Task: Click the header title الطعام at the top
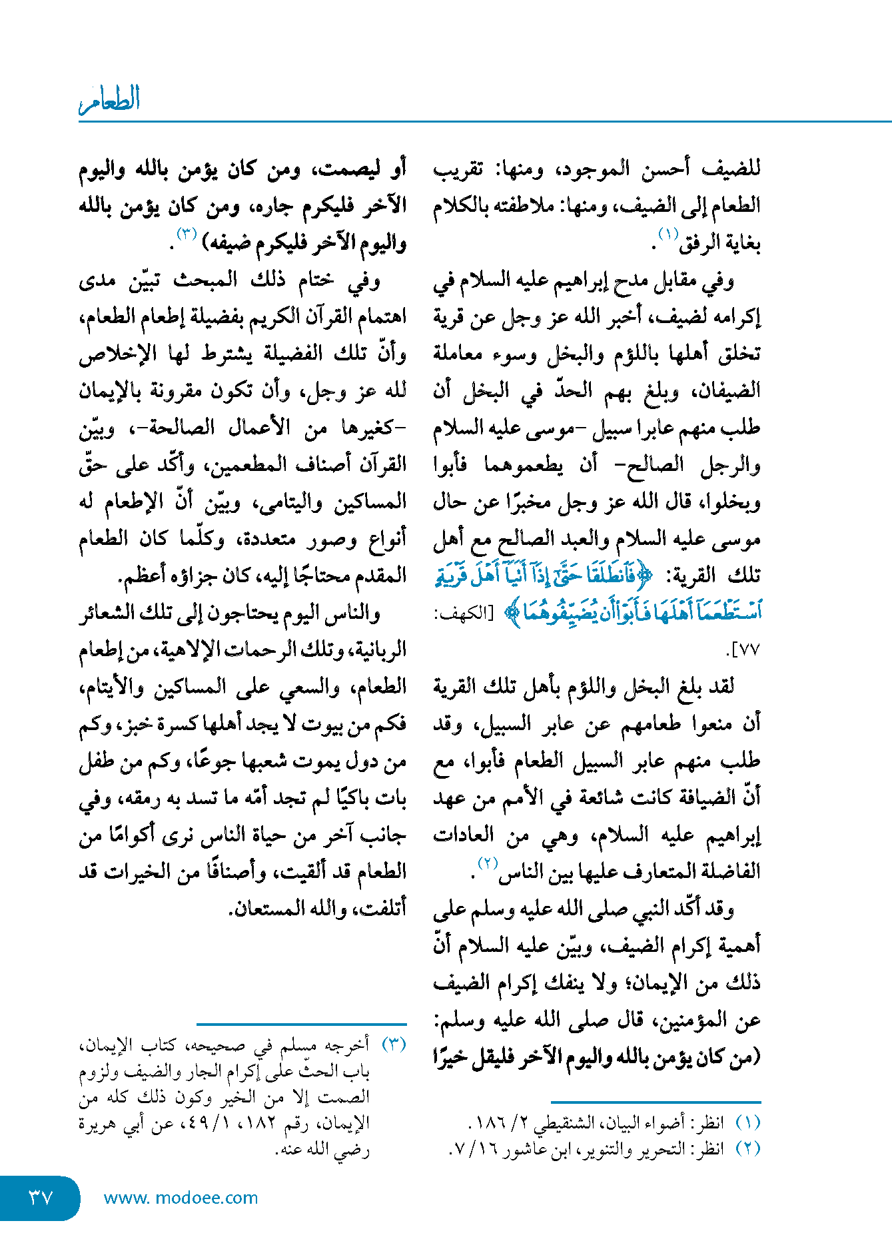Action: [x=110, y=100]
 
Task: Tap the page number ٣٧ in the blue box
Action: [x=40, y=1197]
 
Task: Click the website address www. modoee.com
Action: [x=181, y=1198]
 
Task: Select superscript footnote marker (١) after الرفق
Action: [x=668, y=234]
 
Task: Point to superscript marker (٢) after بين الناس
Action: [x=488, y=863]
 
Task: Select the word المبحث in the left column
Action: [x=205, y=280]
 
